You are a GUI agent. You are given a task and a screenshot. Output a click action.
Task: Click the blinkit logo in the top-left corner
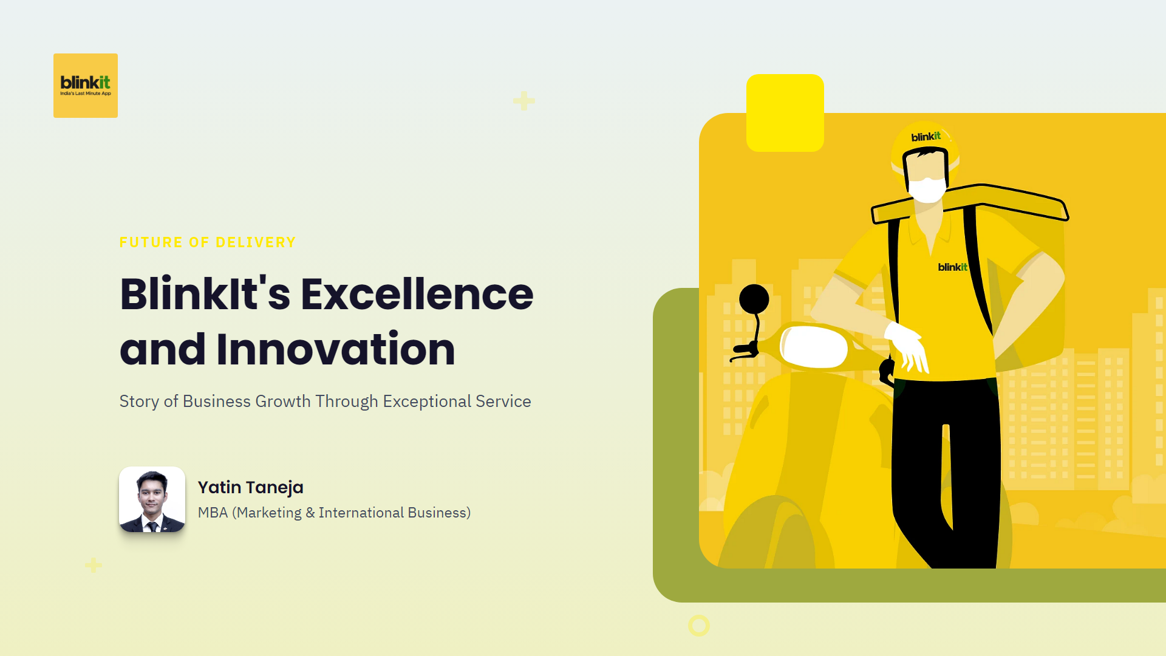[x=86, y=86]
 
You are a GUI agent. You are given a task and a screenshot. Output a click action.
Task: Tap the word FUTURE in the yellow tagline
[x=151, y=242]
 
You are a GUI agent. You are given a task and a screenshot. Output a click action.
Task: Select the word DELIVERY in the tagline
[x=256, y=242]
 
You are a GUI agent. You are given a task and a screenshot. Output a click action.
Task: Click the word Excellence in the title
[x=417, y=294]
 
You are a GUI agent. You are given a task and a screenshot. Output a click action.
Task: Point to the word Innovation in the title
[x=336, y=349]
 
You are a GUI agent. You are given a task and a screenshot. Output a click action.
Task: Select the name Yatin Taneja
[x=250, y=488]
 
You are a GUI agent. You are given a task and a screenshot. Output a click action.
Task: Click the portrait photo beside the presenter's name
[x=152, y=499]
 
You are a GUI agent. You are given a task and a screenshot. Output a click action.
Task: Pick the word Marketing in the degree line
[x=269, y=513]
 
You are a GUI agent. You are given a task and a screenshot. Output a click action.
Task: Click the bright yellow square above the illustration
[x=785, y=113]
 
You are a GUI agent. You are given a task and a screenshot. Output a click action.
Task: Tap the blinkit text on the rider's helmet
[x=926, y=137]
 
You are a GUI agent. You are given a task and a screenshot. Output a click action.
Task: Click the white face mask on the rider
[x=927, y=190]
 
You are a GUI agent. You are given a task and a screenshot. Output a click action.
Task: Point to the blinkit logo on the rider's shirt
[x=952, y=267]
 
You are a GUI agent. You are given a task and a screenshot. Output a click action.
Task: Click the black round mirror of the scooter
[x=754, y=299]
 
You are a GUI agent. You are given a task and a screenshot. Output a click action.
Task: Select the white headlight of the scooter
[x=814, y=347]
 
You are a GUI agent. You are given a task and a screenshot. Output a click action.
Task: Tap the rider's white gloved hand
[x=907, y=347]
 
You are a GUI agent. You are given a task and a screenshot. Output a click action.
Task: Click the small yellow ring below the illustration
[x=699, y=626]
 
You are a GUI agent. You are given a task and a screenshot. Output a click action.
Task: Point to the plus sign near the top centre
[x=523, y=100]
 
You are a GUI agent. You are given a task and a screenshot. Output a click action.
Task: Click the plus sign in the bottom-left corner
[x=93, y=565]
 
